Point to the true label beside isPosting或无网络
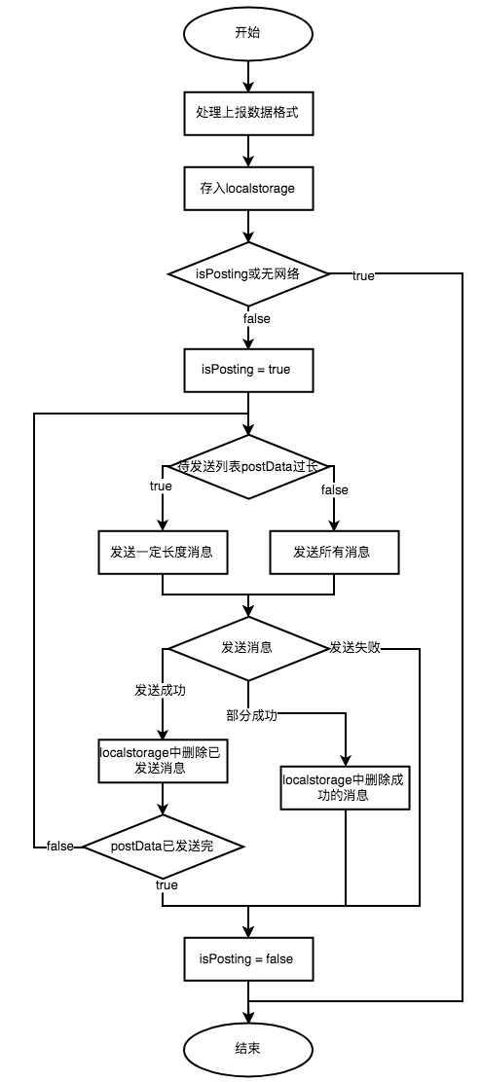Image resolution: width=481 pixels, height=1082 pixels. pos(362,275)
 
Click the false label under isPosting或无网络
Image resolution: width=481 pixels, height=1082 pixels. pos(256,318)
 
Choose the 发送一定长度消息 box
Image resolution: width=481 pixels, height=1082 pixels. pos(162,552)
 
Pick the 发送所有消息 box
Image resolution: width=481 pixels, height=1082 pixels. pos(332,552)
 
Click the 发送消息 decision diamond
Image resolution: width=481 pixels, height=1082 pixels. pos(247,647)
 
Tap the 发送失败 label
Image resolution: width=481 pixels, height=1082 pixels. pos(354,647)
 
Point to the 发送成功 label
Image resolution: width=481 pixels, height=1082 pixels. pos(161,690)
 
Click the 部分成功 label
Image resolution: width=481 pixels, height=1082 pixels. pos(252,715)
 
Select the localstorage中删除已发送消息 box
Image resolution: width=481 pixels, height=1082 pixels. pos(162,760)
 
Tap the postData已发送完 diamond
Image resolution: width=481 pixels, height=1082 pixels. pos(162,847)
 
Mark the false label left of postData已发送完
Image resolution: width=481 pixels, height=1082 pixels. pos(60,847)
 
